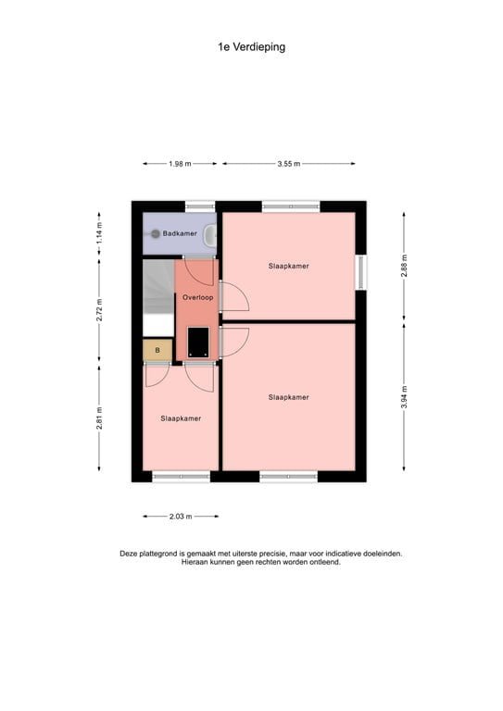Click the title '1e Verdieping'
[x=251, y=46]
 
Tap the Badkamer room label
[x=180, y=234]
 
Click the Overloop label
[x=197, y=297]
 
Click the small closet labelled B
[x=157, y=350]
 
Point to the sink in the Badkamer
[x=211, y=234]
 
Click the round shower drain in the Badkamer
[x=156, y=234]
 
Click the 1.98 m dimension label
[x=180, y=164]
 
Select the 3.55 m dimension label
[x=288, y=164]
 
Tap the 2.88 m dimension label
[x=404, y=264]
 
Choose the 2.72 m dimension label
[x=100, y=308]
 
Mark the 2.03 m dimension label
[x=181, y=517]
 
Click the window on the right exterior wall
[x=362, y=272]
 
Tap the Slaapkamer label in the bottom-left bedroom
[x=181, y=418]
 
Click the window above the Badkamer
[x=199, y=206]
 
